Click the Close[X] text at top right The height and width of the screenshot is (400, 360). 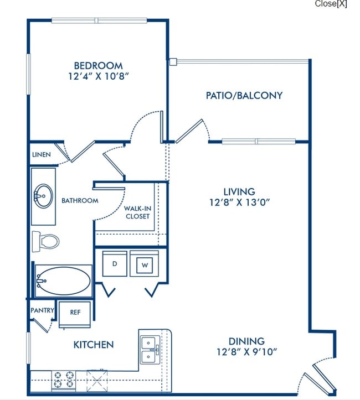(331, 3)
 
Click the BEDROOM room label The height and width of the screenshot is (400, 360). (98, 66)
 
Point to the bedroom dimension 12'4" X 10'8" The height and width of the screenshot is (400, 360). (98, 76)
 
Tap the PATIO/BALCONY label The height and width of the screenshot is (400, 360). (244, 95)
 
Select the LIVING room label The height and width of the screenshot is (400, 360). (239, 191)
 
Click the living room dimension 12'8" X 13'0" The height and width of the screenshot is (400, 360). (240, 202)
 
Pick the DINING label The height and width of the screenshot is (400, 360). (246, 341)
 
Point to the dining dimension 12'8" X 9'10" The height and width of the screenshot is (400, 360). (246, 352)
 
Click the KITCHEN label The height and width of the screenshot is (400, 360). (94, 345)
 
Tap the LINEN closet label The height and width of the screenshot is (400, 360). (42, 154)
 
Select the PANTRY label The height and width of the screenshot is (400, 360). (43, 310)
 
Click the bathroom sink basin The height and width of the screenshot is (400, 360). (43, 196)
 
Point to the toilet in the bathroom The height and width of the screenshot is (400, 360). (46, 241)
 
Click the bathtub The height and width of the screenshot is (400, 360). (64, 281)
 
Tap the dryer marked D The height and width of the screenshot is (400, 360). (115, 264)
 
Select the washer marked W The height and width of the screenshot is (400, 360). (145, 264)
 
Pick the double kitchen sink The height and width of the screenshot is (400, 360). (150, 350)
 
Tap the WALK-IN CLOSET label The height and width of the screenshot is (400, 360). (137, 212)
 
